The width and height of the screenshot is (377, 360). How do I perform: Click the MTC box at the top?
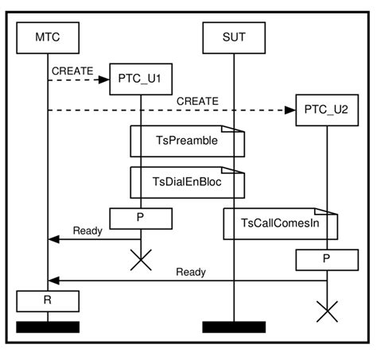pyautogui.click(x=48, y=36)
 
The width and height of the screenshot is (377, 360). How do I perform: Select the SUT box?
pyautogui.click(x=233, y=36)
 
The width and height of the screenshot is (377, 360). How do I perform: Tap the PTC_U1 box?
pyautogui.click(x=141, y=79)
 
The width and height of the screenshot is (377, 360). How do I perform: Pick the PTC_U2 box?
pyautogui.click(x=326, y=110)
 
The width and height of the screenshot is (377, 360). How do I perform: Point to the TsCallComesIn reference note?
pyautogui.click(x=281, y=224)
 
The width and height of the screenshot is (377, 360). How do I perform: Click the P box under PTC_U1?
pyautogui.click(x=141, y=215)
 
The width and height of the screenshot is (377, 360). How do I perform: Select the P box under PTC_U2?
pyautogui.click(x=326, y=258)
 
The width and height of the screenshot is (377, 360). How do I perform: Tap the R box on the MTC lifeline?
pyautogui.click(x=48, y=300)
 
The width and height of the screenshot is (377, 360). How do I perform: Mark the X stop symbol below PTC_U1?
pyautogui.click(x=141, y=261)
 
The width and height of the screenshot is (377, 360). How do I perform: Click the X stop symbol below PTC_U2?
pyautogui.click(x=326, y=311)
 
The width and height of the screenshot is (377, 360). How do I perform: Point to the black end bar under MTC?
pyautogui.click(x=48, y=327)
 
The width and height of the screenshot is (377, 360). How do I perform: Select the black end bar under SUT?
pyautogui.click(x=233, y=327)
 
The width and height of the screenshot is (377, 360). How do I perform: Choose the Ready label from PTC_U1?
pyautogui.click(x=87, y=230)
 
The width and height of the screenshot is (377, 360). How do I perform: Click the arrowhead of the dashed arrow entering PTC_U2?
pyautogui.click(x=290, y=110)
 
